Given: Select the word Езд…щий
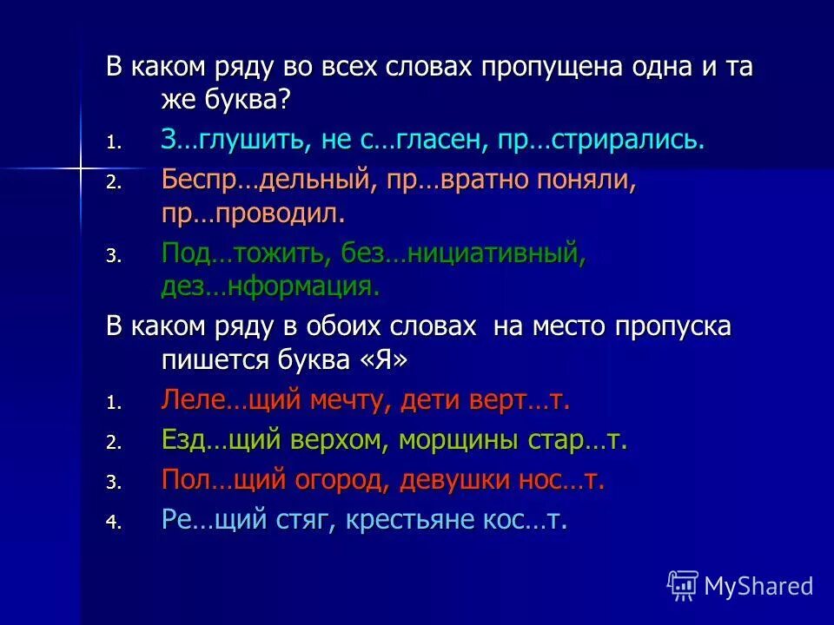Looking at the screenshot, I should pyautogui.click(x=222, y=440).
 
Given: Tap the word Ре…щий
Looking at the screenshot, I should pyautogui.click(x=214, y=520).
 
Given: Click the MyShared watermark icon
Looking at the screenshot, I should pyautogui.click(x=682, y=585).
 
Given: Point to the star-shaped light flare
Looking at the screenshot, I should pyautogui.click(x=79, y=164).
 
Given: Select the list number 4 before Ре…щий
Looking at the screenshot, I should pyautogui.click(x=112, y=523).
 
